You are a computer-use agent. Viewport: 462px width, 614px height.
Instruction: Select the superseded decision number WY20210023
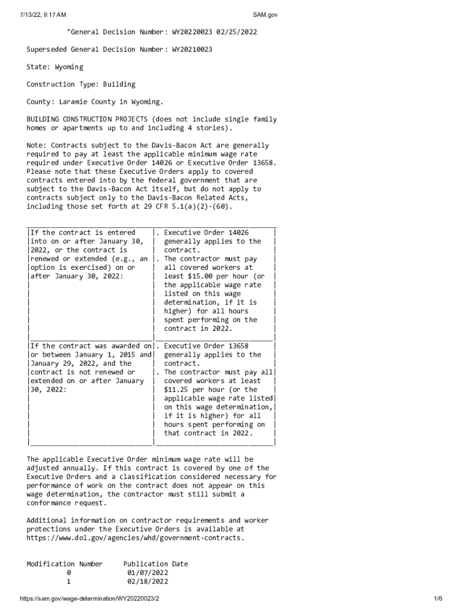(192, 49)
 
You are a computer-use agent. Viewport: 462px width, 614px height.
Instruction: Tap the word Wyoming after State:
(69, 67)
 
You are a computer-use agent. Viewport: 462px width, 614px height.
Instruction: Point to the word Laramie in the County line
(74, 102)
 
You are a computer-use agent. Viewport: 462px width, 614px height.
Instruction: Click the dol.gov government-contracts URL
(136, 538)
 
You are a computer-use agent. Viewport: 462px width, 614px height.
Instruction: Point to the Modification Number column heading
(65, 564)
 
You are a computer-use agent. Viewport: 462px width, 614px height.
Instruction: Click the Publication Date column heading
(155, 564)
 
